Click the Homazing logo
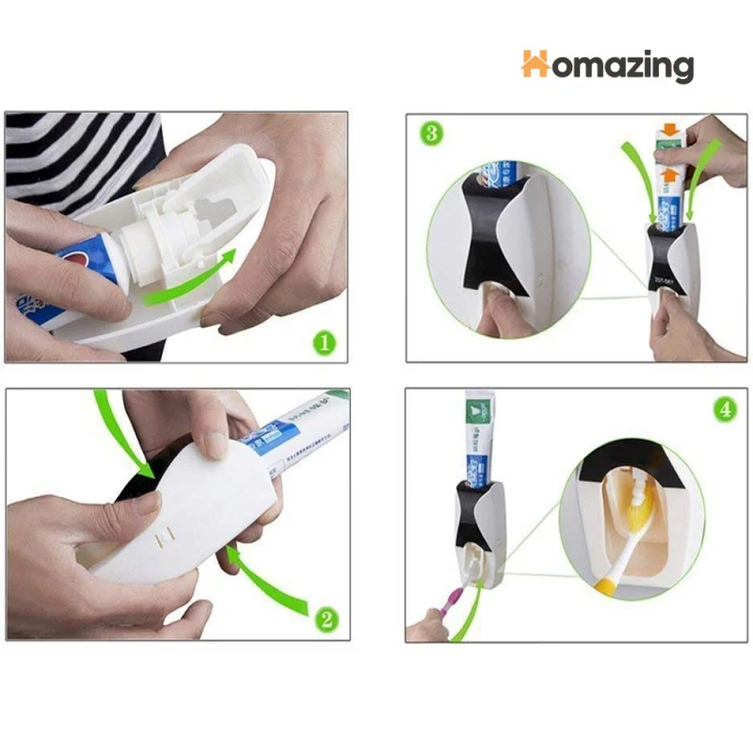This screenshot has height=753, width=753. pos(607,65)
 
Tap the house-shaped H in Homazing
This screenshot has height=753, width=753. pos(537,64)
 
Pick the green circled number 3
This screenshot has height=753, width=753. pos(431,133)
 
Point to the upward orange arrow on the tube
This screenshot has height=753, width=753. pos(669,175)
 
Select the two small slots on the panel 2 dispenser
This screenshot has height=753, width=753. pos(166,537)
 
